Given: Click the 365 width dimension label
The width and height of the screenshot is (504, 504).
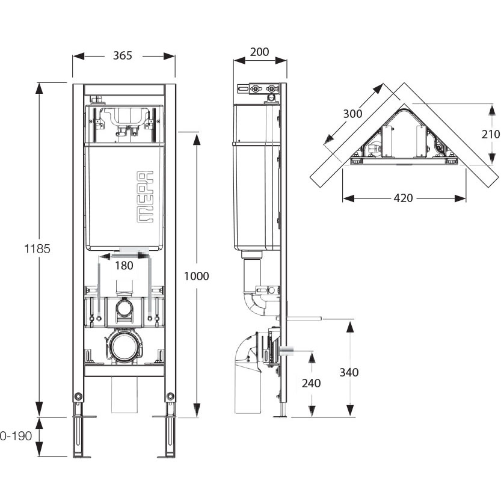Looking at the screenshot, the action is pyautogui.click(x=123, y=55).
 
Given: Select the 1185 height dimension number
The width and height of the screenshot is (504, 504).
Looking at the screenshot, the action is pyautogui.click(x=37, y=249).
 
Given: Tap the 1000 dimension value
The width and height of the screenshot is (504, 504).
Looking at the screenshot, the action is pyautogui.click(x=197, y=276).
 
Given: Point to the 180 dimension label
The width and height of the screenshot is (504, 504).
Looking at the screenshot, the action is pyautogui.click(x=124, y=265).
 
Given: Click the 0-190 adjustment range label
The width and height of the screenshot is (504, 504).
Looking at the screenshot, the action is pyautogui.click(x=16, y=436).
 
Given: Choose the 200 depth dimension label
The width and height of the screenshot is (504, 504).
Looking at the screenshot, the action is pyautogui.click(x=259, y=52).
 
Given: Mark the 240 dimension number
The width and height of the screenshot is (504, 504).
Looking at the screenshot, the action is pyautogui.click(x=311, y=383).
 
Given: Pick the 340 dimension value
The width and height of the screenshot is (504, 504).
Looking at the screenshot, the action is pyautogui.click(x=349, y=372).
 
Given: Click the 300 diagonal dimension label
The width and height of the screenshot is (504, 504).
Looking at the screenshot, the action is pyautogui.click(x=352, y=114).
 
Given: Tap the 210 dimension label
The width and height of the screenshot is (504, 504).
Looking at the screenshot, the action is pyautogui.click(x=491, y=134).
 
